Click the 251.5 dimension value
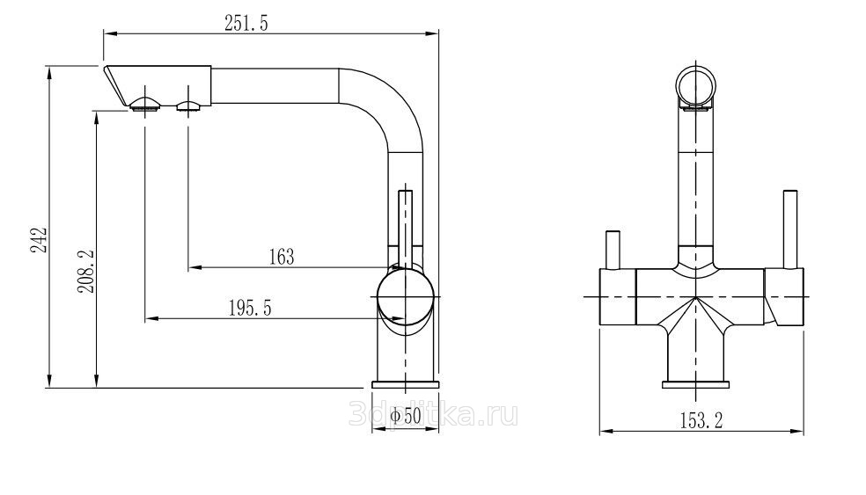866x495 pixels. click(246, 23)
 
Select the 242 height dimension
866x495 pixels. click(39, 239)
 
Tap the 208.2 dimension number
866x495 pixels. click(86, 271)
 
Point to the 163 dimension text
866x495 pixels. click(282, 257)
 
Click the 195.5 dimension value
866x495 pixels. click(250, 308)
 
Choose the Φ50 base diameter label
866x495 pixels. click(406, 416)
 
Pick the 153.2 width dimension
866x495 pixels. click(701, 420)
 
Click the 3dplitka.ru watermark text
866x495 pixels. click(434, 414)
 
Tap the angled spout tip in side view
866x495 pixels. click(117, 85)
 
